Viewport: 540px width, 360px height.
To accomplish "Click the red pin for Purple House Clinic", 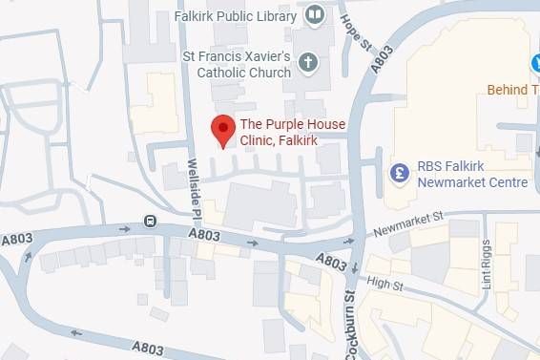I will click(222, 129).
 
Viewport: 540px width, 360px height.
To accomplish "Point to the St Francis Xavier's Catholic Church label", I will click(238, 64).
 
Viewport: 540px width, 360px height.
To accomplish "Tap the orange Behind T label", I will click(512, 90).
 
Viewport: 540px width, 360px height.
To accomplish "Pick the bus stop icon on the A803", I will click(150, 222).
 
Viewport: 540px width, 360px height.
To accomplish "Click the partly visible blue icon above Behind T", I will click(534, 63).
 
